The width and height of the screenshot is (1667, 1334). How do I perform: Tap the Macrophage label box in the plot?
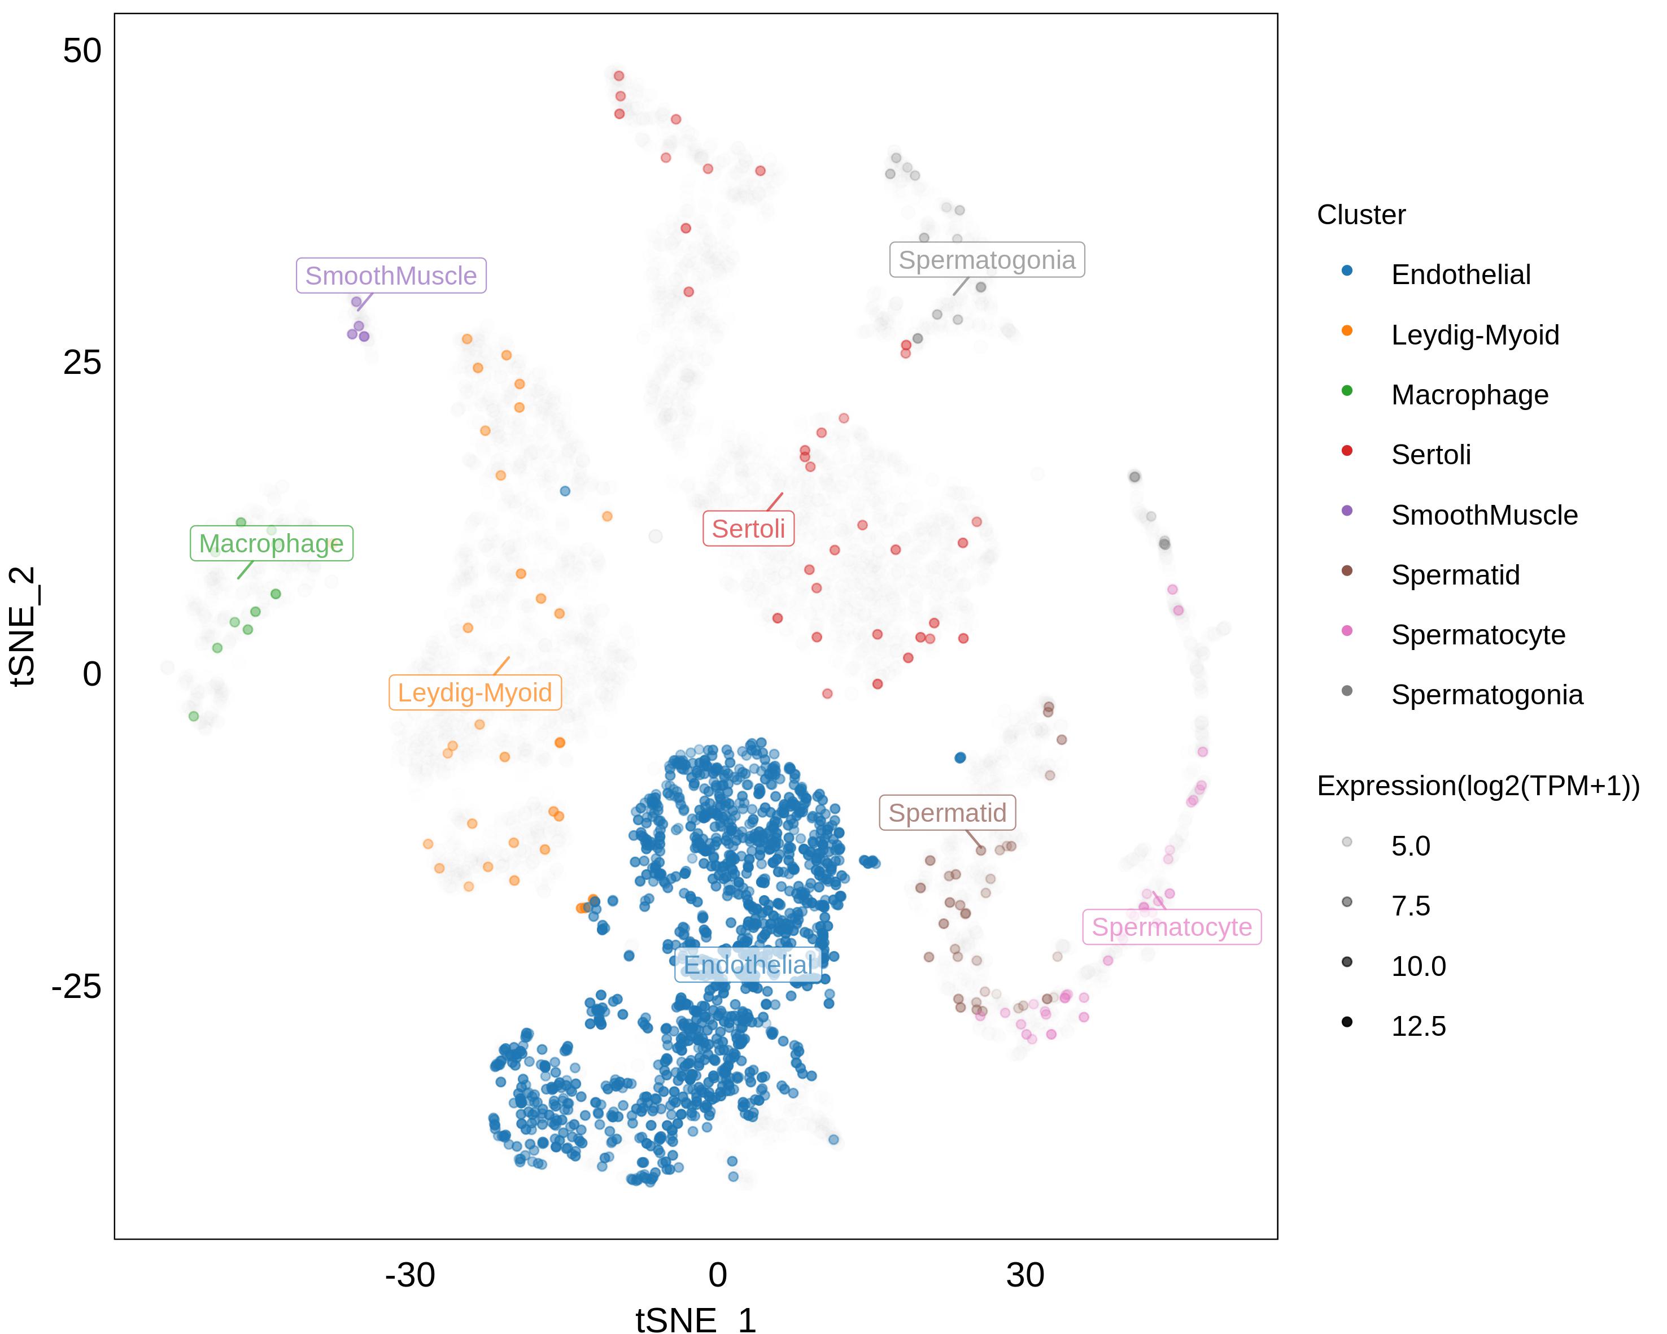272,544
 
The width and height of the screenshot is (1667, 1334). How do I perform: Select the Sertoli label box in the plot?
748,529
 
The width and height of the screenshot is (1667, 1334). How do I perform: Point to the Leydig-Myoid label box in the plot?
475,693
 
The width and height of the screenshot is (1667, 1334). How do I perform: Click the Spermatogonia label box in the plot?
987,260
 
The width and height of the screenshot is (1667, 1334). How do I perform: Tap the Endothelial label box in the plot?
748,965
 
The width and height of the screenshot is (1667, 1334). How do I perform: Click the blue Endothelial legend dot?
1347,271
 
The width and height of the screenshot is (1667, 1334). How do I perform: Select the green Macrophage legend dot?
1347,390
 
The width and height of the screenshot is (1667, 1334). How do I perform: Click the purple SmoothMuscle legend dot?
1347,511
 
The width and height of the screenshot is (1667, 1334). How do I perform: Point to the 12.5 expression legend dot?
1347,1022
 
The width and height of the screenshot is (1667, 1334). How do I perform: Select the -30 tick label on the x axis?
410,1276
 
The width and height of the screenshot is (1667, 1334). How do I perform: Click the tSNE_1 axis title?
696,1320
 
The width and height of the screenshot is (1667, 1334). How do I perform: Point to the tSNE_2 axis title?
23,626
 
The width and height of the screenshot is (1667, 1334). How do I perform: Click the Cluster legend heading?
1361,215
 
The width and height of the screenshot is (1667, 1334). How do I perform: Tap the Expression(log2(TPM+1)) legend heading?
1478,786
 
